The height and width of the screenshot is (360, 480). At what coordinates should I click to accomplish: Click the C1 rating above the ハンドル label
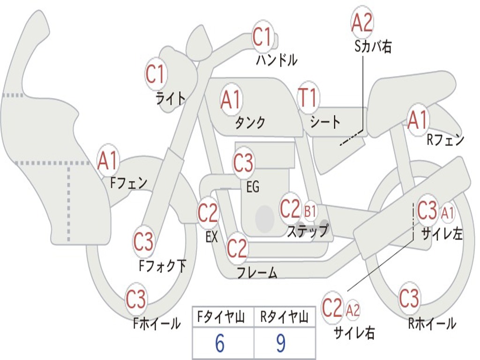[x=262, y=36]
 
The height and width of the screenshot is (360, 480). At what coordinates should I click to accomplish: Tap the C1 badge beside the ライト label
[x=156, y=74]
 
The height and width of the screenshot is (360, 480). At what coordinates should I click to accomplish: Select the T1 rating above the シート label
[x=307, y=98]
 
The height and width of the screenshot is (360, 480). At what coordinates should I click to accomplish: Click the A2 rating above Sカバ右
[x=362, y=22]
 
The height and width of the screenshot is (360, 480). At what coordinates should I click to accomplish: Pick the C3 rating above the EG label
[x=243, y=163]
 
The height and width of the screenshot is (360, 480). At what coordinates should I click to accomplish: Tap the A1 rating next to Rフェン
[x=418, y=120]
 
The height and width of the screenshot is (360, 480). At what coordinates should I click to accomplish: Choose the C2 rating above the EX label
[x=208, y=212]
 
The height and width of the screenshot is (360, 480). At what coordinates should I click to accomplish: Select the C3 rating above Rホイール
[x=409, y=298]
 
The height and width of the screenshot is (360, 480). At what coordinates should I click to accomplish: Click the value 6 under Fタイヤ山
[x=220, y=343]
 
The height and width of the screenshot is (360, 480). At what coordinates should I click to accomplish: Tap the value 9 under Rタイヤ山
[x=281, y=343]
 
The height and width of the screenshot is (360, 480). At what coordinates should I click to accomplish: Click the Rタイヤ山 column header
[x=285, y=317]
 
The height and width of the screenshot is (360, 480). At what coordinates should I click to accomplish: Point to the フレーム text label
[x=257, y=272]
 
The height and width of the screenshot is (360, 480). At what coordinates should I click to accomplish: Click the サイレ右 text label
[x=354, y=332]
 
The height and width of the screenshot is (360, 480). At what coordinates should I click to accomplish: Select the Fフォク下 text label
[x=163, y=265]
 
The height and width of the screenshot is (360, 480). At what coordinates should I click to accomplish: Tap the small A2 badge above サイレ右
[x=352, y=310]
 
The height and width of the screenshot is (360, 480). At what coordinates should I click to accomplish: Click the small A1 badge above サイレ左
[x=447, y=212]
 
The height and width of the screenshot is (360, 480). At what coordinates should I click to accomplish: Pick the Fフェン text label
[x=129, y=183]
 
